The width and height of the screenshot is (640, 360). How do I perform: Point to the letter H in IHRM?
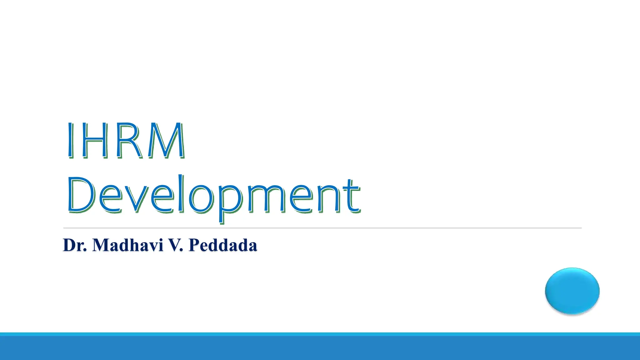(x=95, y=140)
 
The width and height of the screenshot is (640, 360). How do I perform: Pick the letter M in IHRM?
(x=166, y=140)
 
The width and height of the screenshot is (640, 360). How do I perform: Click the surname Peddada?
(x=223, y=245)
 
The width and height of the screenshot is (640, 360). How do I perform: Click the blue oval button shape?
(x=572, y=291)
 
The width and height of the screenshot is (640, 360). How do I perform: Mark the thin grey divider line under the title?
(x=322, y=228)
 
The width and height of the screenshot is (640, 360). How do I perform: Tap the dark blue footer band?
(x=320, y=348)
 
